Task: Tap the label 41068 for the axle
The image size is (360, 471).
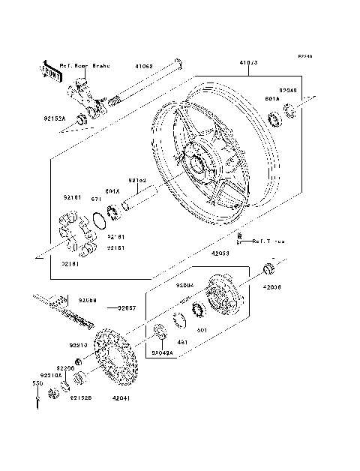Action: pos(145,66)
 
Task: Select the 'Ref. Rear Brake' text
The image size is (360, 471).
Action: pos(84,66)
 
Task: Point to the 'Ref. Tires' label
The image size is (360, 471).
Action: pos(268,241)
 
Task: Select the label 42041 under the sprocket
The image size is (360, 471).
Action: pos(121,399)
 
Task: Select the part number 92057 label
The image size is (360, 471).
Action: pos(128,307)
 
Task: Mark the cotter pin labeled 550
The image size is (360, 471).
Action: pos(35,402)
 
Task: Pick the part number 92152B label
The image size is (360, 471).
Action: pos(80,398)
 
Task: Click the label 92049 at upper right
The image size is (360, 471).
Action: pos(288,91)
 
